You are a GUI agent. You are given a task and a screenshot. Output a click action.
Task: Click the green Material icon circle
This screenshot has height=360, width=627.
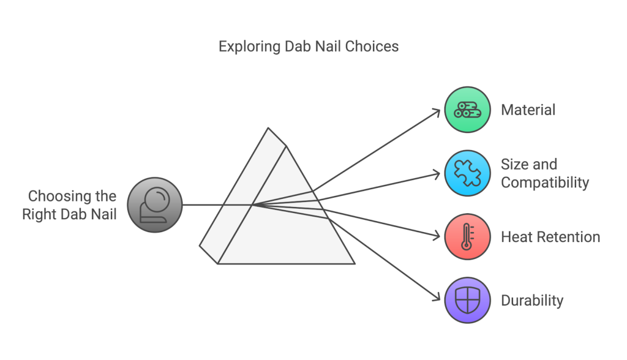click(467, 110)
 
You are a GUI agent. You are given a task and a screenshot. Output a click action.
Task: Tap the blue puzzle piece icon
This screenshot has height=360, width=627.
click(467, 173)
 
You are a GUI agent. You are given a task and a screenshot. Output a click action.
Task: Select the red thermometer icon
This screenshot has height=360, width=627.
click(467, 236)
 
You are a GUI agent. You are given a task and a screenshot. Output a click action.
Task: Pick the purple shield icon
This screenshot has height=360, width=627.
click(467, 300)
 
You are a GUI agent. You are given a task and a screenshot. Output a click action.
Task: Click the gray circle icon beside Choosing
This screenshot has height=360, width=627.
click(155, 205)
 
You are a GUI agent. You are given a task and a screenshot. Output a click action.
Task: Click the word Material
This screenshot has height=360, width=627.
click(528, 110)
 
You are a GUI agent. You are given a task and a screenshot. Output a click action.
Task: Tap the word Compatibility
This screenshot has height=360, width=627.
click(544, 182)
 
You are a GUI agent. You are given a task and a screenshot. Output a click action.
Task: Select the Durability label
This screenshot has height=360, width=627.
click(532, 301)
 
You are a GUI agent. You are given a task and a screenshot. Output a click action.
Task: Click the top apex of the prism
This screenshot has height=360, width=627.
click(268, 128)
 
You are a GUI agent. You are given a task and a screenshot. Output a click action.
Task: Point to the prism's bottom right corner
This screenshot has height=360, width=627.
click(355, 264)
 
